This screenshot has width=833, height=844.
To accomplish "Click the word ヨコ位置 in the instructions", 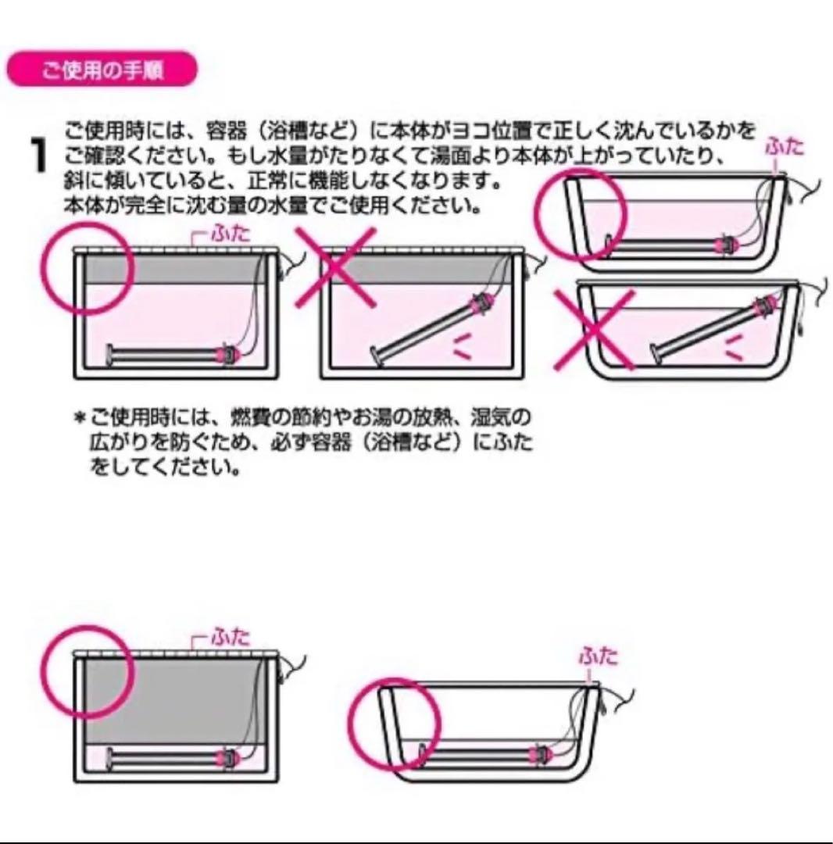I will click(465, 127).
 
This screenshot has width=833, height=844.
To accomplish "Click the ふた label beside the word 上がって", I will click(783, 147).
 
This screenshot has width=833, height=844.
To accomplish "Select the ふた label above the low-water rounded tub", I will click(598, 656).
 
